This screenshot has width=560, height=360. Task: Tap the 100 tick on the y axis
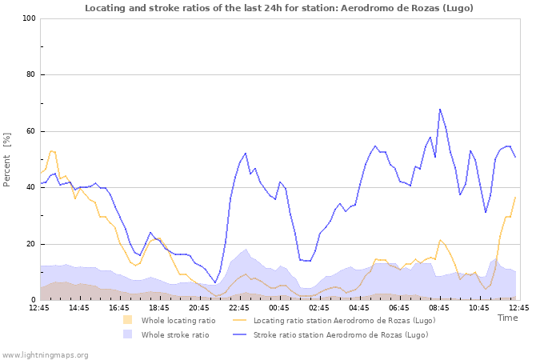[x=29, y=18]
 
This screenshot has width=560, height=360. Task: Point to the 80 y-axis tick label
[x=30, y=75]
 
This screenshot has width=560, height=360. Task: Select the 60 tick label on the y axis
[x=30, y=131]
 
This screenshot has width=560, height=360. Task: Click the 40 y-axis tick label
[x=30, y=188]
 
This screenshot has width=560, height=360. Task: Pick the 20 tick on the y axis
[x=30, y=244]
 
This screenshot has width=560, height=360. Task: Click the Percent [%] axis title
[x=7, y=159]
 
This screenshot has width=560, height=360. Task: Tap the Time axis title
[x=507, y=318]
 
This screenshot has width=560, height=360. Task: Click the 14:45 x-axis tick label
[x=78, y=307]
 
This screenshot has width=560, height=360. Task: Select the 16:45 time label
[x=118, y=307]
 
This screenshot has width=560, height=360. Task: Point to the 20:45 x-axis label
[x=198, y=307]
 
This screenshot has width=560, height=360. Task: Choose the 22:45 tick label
[x=238, y=307]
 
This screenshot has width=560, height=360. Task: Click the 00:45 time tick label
[x=278, y=307]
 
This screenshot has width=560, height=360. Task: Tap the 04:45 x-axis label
[x=358, y=307]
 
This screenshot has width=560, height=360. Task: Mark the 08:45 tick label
[x=438, y=307]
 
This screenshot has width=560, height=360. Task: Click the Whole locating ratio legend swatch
[x=128, y=321]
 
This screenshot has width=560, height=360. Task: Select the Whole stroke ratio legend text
[x=175, y=335]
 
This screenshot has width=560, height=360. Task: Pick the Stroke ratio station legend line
[x=238, y=335]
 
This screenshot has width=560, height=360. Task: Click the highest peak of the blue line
[x=440, y=109]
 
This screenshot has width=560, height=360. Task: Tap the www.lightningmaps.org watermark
[x=45, y=354]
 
